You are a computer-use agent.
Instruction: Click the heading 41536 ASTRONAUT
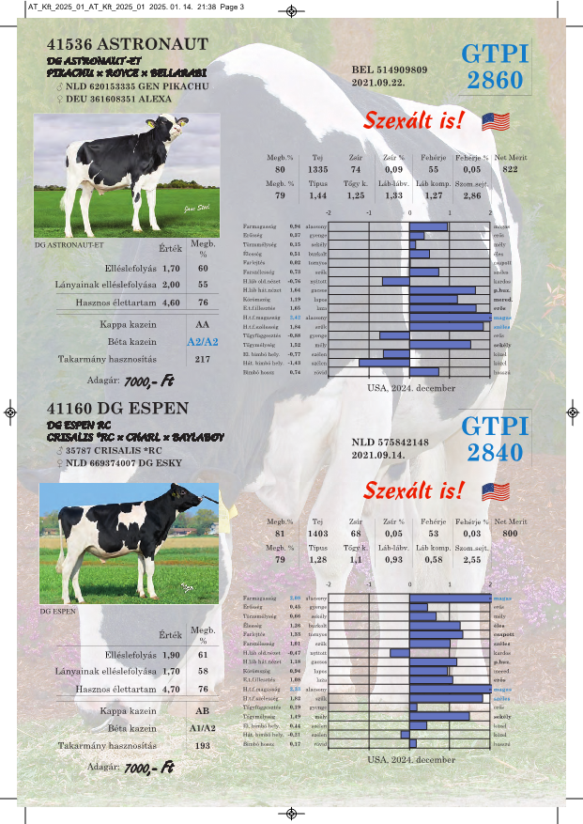127,44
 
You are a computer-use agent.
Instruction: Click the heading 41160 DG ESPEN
117,409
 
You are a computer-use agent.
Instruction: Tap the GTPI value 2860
495,80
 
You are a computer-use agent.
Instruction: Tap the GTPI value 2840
495,452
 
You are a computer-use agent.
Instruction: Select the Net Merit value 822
510,169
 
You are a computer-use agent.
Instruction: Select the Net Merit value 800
510,534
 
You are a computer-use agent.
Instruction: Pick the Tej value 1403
317,534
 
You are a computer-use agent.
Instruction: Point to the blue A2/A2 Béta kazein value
203,342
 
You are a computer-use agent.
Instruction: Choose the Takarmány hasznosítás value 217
203,359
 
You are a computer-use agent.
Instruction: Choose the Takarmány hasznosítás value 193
203,745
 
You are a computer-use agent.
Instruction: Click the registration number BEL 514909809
390,70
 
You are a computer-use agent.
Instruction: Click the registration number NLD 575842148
390,442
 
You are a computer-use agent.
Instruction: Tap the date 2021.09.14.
376,455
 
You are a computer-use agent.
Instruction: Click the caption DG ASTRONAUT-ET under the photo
69,244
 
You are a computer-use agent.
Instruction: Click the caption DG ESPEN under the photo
57,611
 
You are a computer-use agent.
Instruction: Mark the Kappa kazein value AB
203,711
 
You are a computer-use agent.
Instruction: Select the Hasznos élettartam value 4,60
171,303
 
